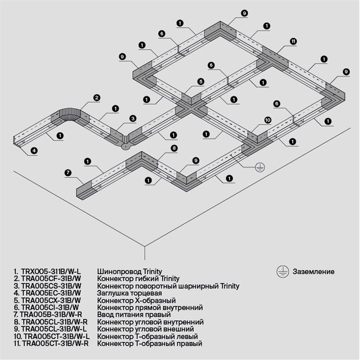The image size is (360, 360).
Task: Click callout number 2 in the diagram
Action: [97, 97]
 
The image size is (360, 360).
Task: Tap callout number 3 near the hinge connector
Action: [132, 118]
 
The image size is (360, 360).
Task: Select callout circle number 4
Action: [33, 150]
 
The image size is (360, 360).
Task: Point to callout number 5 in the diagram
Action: [200, 81]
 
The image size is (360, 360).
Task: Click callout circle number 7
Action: [67, 172]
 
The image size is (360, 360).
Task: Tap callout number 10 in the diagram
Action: [267, 120]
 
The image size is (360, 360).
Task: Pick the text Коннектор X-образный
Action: [136, 300]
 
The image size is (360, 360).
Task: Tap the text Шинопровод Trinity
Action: [129, 271]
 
